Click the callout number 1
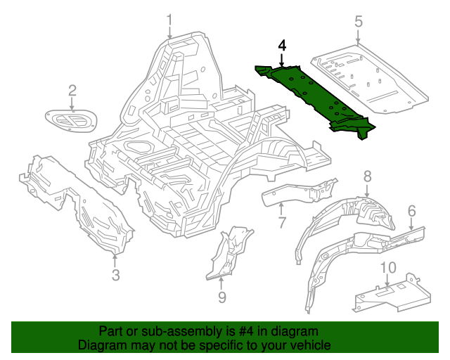[x=169, y=20]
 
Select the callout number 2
[x=72, y=90]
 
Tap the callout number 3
[x=116, y=273]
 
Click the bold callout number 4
[x=282, y=46]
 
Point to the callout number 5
[x=359, y=22]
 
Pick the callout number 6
[x=411, y=210]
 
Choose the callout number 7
[x=281, y=224]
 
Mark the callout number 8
[x=366, y=176]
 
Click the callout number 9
[x=221, y=297]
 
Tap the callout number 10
[x=387, y=268]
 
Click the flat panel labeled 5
[x=369, y=77]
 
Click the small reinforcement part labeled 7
[x=295, y=191]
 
